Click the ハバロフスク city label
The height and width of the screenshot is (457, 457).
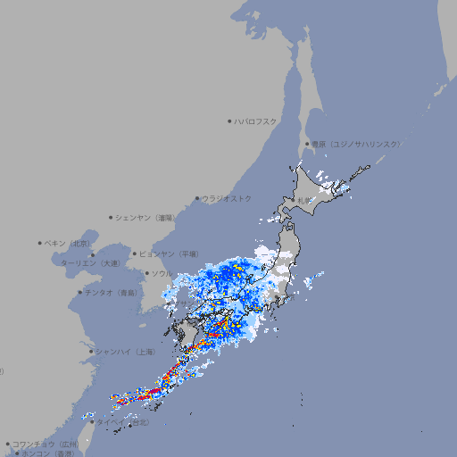255,121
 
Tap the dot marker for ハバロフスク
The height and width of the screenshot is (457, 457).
229,121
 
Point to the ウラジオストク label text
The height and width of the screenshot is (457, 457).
227,198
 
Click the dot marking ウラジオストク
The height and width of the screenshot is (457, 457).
197,198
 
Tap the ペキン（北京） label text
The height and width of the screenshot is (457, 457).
68,243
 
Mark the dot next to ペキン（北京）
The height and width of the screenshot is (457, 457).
40,243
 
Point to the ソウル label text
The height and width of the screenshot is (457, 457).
162,273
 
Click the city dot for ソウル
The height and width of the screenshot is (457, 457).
146,273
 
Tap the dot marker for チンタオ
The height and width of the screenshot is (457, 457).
80,292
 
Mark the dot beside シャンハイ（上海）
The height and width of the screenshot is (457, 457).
92,352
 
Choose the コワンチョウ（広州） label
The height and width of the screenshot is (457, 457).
46,444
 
